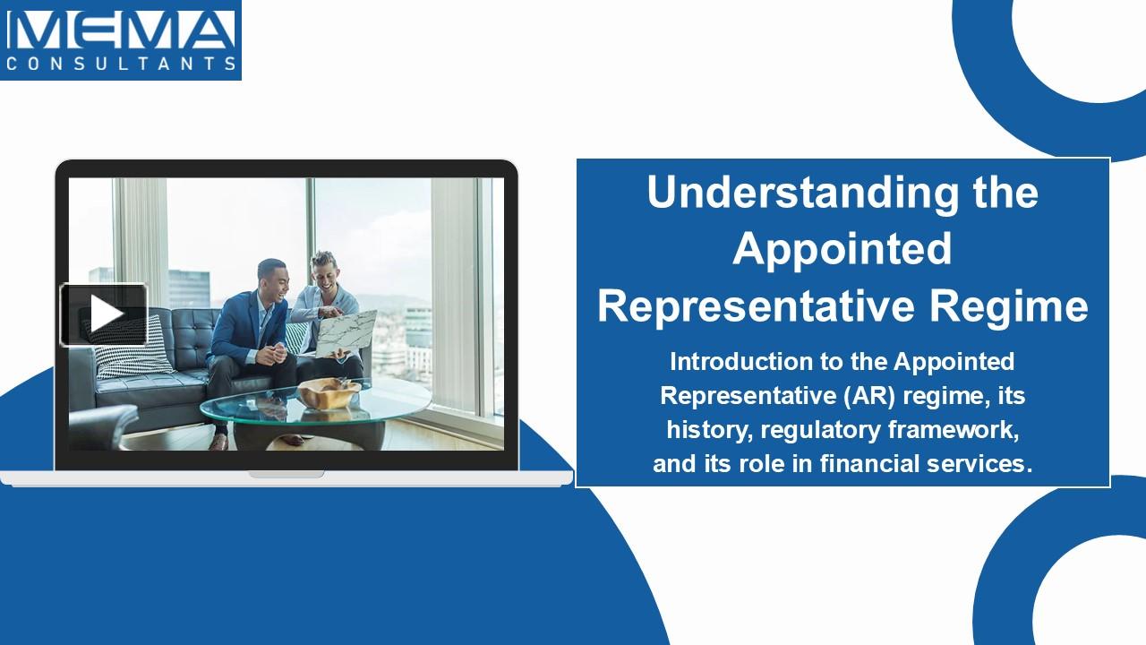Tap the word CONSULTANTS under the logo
click(121, 64)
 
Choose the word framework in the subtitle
click(953, 430)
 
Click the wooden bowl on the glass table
click(329, 393)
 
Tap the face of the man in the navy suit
click(271, 279)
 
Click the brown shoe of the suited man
click(218, 441)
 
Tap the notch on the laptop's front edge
click(286, 474)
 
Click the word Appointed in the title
click(842, 249)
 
